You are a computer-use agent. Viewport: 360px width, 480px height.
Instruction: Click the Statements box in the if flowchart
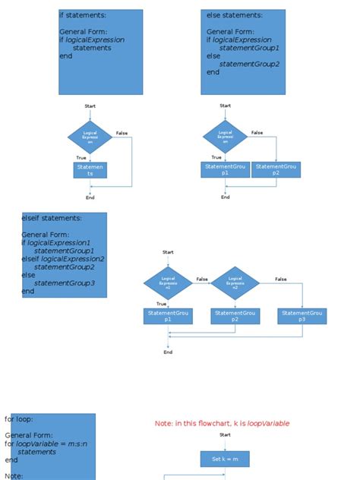[90, 170]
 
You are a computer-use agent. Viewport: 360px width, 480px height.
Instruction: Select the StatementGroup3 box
[302, 316]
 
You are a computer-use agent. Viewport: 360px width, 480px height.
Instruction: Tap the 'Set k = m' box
[225, 459]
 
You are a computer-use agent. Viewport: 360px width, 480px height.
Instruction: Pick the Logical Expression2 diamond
[235, 283]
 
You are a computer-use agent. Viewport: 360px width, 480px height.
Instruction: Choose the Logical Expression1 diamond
[168, 283]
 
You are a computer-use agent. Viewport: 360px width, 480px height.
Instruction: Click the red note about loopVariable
[222, 423]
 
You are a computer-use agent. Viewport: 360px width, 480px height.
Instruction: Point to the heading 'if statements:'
[83, 15]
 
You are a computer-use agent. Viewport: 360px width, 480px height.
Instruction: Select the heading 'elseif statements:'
[52, 219]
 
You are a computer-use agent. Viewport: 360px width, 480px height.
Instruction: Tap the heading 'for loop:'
[19, 418]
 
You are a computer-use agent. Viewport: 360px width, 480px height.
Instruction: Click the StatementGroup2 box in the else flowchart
[276, 169]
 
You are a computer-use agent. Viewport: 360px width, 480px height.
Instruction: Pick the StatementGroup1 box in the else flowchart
[225, 169]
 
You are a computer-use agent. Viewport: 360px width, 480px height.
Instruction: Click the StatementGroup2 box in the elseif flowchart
[235, 316]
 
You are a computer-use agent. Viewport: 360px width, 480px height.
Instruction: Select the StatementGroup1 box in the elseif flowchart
[168, 316]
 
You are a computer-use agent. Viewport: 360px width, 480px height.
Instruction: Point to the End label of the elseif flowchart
[168, 352]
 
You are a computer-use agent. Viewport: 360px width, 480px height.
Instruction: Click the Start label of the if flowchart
[90, 106]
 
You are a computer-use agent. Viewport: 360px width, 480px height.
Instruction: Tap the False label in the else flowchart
[257, 132]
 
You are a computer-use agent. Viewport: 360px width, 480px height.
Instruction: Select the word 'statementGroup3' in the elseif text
[65, 283]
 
